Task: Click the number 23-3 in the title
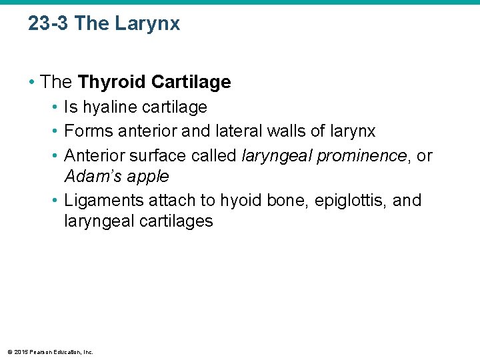pyautogui.click(x=49, y=24)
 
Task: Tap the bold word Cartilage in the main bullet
pyautogui.click(x=191, y=82)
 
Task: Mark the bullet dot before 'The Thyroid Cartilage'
pyautogui.click(x=31, y=83)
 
